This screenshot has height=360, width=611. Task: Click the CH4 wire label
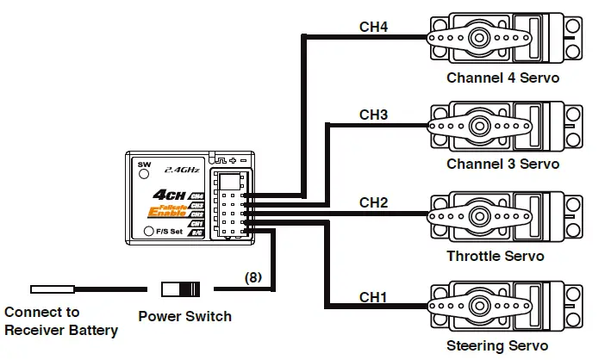[373, 27]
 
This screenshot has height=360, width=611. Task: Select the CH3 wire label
[373, 115]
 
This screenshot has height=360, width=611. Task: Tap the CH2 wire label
[373, 203]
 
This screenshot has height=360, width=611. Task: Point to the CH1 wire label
[373, 297]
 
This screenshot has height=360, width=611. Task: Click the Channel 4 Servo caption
[502, 78]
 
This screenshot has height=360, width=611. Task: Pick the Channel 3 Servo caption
[502, 164]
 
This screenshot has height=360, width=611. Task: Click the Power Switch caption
[184, 316]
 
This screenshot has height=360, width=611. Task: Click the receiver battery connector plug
[52, 289]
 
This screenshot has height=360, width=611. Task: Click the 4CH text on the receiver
[166, 196]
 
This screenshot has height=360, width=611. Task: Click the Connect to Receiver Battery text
[60, 321]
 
